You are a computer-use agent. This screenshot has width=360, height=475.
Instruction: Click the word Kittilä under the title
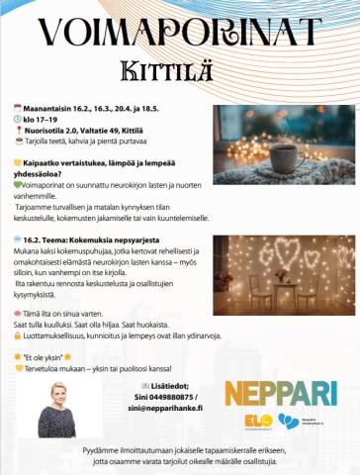[179, 69]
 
